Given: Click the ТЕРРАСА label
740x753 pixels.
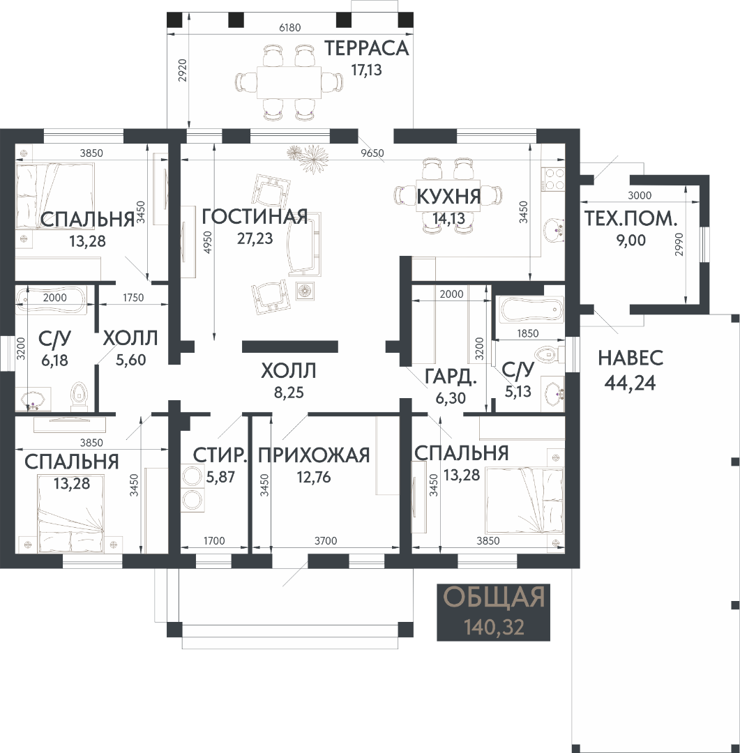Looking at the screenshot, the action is pos(366,49).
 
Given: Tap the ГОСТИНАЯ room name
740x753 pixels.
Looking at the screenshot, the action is pos(255,217).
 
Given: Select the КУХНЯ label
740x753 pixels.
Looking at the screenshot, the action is pos(448,197).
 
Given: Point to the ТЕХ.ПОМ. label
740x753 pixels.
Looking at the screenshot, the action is pos(631,218).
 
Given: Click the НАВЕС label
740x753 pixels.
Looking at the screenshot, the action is pos(630,358).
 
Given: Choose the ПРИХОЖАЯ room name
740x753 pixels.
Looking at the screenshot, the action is pos(314,455).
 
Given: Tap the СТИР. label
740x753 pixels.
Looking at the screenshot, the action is pos(220,455).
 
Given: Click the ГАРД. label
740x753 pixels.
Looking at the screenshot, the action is pos(451,376).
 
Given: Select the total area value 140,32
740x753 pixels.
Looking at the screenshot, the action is pos(494,627).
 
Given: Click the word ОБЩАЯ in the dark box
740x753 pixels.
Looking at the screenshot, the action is pos(494,598).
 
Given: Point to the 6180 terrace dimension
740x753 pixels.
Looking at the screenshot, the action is pos(289,27).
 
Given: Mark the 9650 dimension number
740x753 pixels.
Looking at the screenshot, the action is pos(372,153).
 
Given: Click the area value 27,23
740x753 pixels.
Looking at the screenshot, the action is pos(255,238).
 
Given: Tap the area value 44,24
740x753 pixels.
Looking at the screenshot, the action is pos(630,383).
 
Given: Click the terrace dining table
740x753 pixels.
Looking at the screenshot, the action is pos(288,82).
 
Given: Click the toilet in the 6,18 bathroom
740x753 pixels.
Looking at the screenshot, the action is pos(79,397).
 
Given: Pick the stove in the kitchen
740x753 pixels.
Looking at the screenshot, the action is pos(553,179).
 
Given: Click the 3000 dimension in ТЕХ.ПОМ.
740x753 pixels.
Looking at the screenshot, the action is pos(640,195).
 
